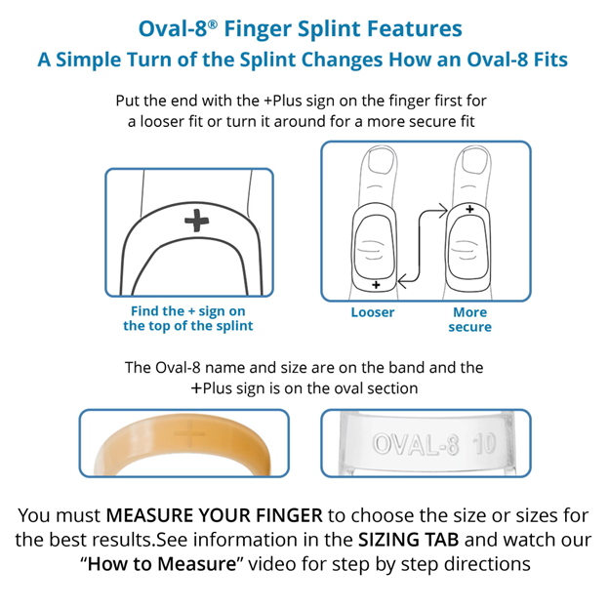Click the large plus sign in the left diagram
pos(197,222)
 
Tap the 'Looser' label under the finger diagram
pos(373,312)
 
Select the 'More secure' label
pos(469,319)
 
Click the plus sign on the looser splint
pos(377,284)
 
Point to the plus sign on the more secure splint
pos(470,209)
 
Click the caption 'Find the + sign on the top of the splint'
pos(187,318)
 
